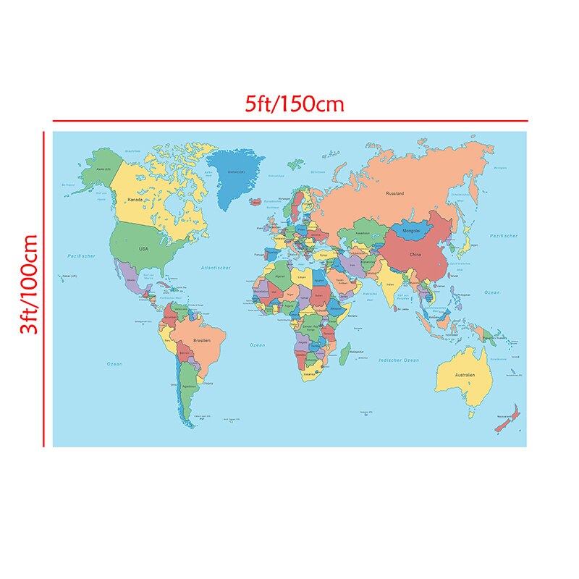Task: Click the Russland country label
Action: click(x=394, y=193)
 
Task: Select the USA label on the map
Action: click(x=143, y=248)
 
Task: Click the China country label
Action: click(x=415, y=255)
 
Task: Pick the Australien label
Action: click(x=464, y=375)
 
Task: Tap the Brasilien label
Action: click(x=202, y=339)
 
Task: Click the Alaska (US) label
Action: click(x=103, y=169)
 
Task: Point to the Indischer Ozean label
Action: click(x=399, y=360)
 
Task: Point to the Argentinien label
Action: click(x=188, y=388)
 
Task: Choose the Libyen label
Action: click(x=303, y=276)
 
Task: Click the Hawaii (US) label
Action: click(x=69, y=276)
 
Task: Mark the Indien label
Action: click(x=391, y=285)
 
